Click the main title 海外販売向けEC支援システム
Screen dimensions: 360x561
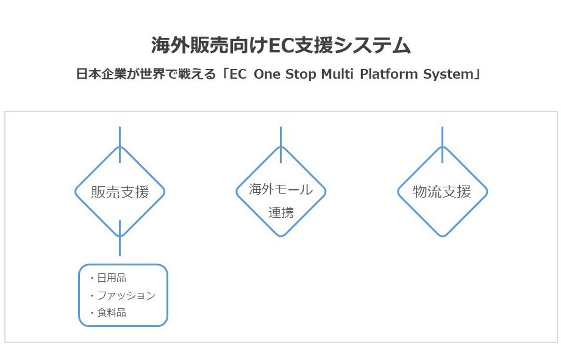point(280,46)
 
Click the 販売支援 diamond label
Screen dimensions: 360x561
point(120,192)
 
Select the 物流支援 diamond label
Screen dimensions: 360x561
point(442,192)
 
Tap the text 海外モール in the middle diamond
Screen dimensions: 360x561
point(280,189)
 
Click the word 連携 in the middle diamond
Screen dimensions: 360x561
point(280,212)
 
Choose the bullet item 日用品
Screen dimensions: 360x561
point(112,278)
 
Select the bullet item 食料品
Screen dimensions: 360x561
point(112,313)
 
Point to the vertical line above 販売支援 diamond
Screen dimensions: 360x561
point(120,144)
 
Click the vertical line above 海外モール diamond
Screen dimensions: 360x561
point(280,144)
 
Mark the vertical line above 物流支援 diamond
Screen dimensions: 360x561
point(442,144)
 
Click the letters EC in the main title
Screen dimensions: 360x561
point(280,46)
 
